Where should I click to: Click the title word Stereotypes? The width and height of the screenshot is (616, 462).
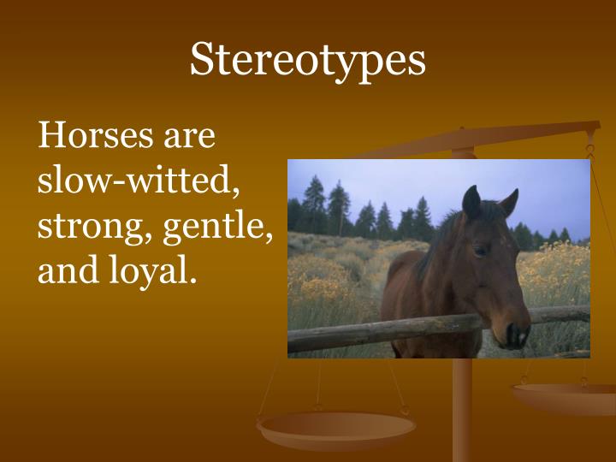click(x=307, y=59)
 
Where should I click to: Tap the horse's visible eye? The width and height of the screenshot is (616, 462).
click(x=481, y=250)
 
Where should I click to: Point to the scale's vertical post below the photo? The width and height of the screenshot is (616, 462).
click(x=462, y=411)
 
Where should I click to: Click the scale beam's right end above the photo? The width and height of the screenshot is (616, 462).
click(x=590, y=128)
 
